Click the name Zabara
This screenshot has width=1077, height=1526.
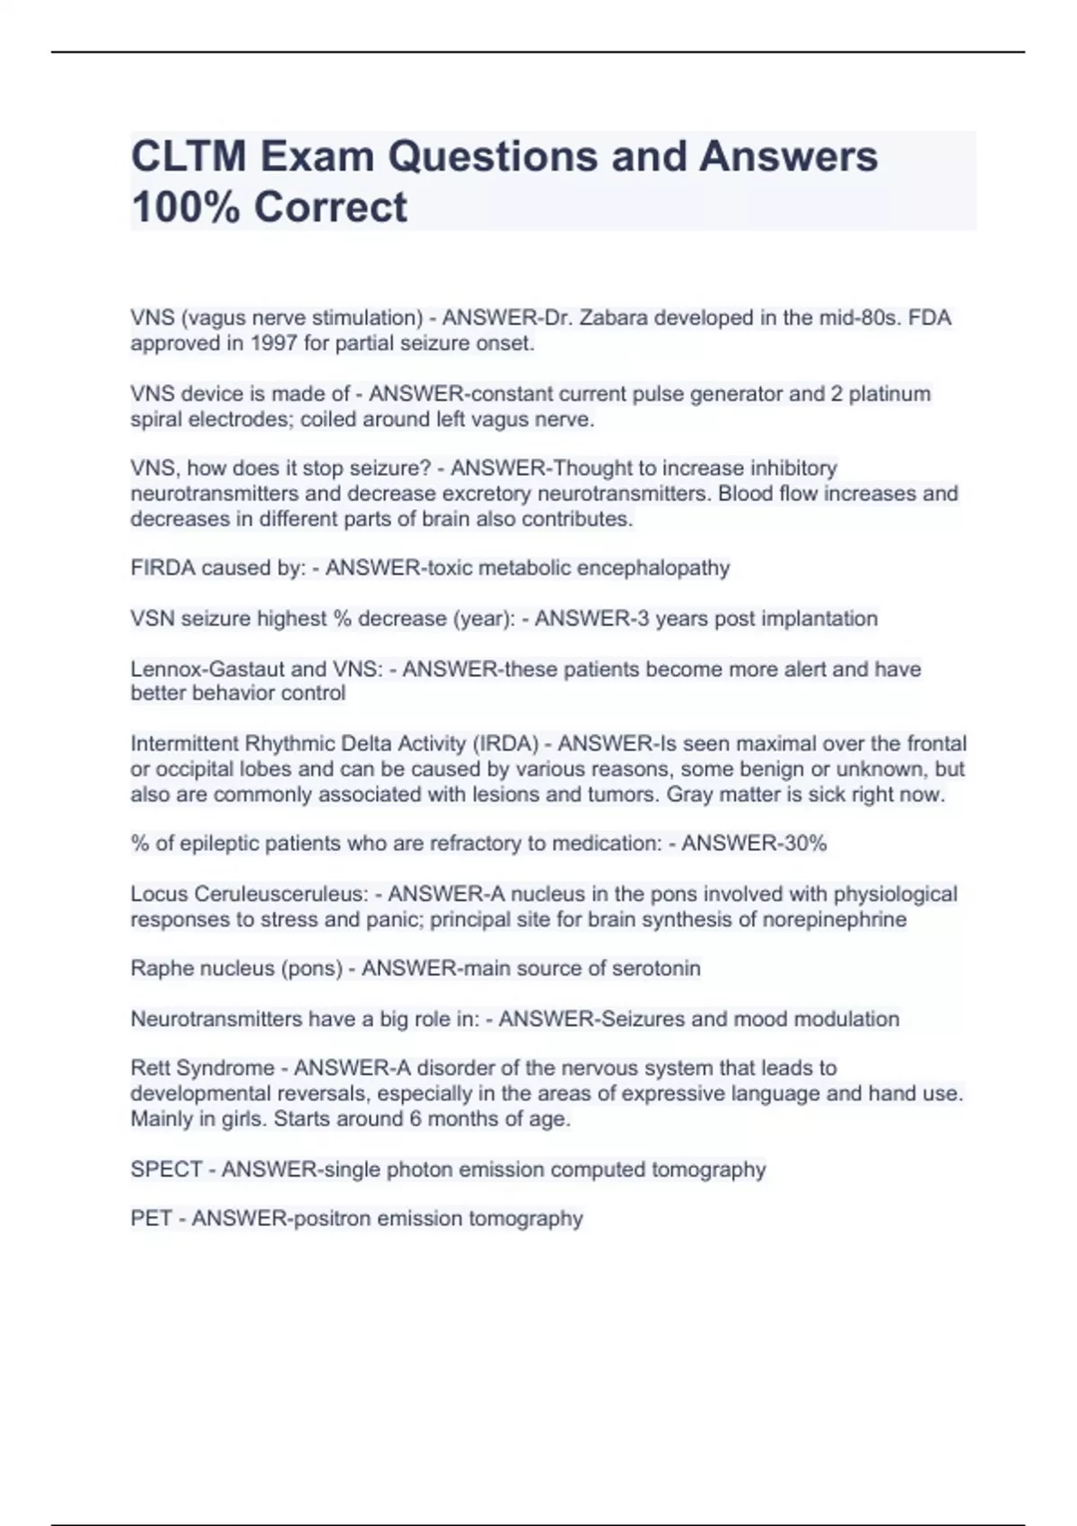pyautogui.click(x=615, y=318)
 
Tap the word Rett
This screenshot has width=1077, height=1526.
pyautogui.click(x=151, y=1068)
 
